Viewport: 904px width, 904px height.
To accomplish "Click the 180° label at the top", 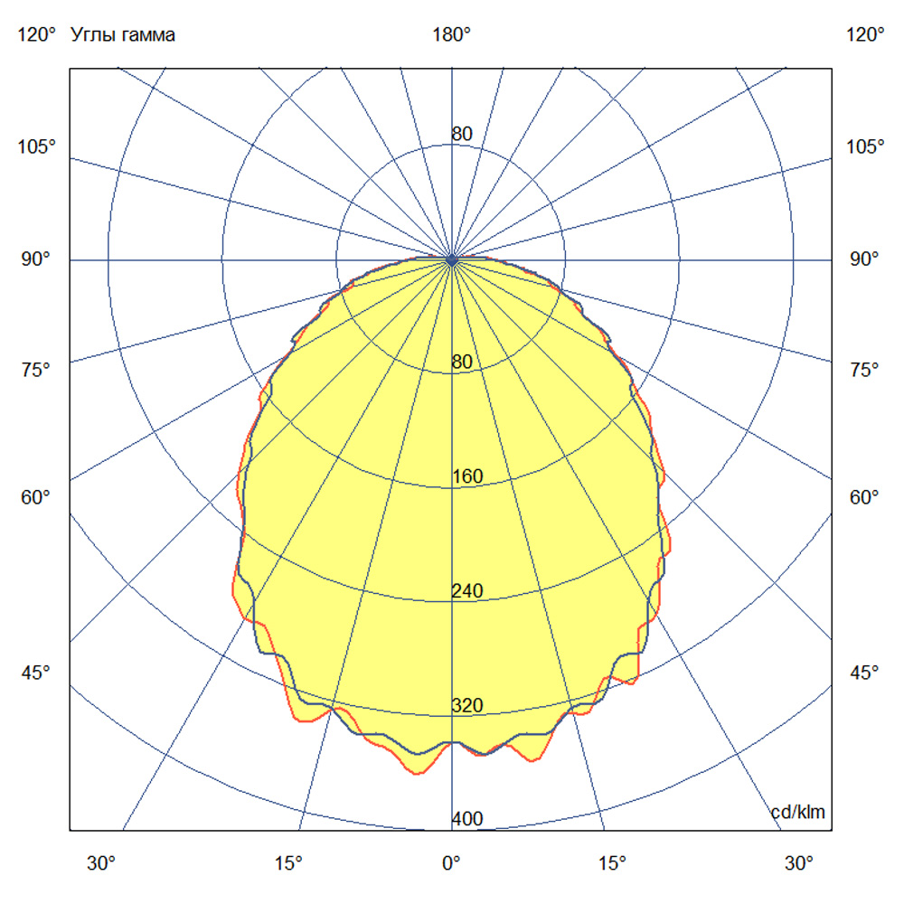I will tap(451, 35).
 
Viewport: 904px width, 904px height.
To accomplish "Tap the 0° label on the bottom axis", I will tap(451, 862).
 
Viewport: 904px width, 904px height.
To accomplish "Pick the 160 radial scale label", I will tap(467, 476).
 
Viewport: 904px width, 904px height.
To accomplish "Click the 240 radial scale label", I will tap(467, 591).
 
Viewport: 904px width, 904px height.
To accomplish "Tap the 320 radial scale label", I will tap(467, 705).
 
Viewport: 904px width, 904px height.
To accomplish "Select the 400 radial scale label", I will tap(467, 820).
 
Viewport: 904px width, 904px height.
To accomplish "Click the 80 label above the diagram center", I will tap(462, 135).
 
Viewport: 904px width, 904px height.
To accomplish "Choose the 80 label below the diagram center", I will tap(462, 362).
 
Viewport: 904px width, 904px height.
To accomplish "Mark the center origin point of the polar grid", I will tap(452, 259).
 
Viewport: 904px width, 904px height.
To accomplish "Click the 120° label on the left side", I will tap(37, 35).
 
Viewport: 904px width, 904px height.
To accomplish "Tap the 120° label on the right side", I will tap(865, 35).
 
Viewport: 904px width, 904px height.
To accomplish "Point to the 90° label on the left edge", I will tap(37, 259).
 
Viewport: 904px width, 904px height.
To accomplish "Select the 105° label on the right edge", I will tap(865, 147).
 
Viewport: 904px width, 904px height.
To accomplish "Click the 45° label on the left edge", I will tap(37, 673).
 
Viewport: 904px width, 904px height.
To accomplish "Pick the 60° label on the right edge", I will tap(865, 497).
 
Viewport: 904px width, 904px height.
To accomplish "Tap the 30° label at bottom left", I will tap(101, 862).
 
